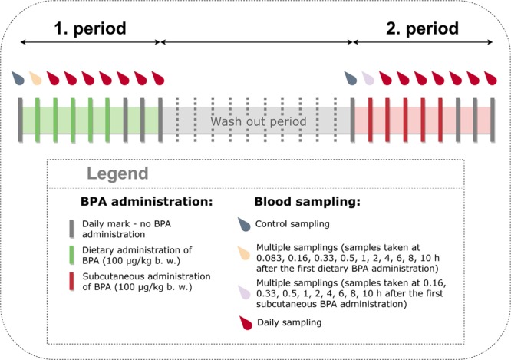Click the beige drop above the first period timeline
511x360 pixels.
(x=35, y=78)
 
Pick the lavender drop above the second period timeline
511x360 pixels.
(x=368, y=78)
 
